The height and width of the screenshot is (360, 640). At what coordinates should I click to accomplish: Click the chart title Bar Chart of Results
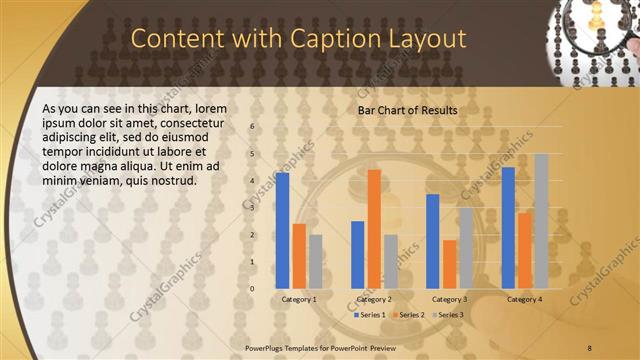[407, 110]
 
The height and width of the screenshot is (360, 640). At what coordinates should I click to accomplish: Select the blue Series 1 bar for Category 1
[283, 230]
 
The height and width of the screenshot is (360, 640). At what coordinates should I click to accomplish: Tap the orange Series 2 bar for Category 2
[374, 229]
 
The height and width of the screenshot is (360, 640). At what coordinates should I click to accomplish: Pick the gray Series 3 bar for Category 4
[541, 221]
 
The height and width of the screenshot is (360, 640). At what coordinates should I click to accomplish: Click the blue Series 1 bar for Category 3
[433, 241]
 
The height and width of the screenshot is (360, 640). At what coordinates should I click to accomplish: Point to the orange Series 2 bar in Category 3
[449, 264]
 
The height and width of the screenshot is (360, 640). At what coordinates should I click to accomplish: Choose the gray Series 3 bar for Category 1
[316, 261]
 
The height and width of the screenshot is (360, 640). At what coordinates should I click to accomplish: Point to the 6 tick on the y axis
[252, 127]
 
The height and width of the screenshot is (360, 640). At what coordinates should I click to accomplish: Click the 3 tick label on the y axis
[252, 208]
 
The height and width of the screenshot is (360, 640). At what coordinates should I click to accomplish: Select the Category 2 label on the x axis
[374, 299]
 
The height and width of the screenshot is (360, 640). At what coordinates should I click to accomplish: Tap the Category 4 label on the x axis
[524, 299]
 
